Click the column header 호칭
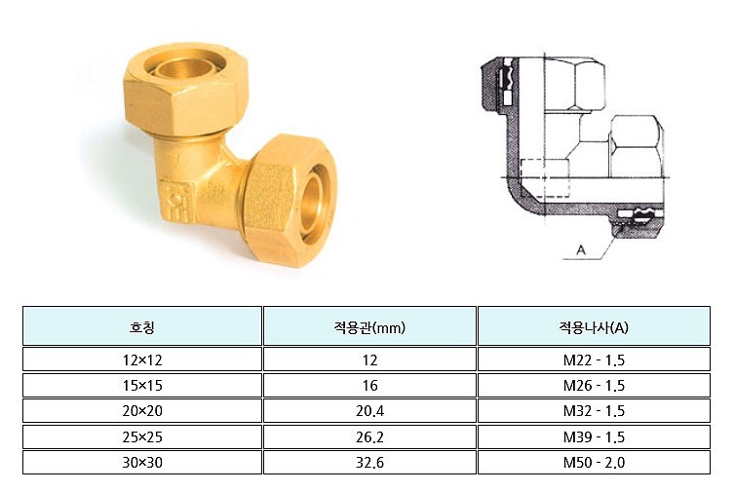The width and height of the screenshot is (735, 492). [141, 326]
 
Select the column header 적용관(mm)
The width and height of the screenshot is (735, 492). [369, 326]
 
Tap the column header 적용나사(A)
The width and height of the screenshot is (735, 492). [594, 326]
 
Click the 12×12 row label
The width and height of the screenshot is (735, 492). [141, 360]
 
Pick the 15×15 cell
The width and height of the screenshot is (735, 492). [141, 386]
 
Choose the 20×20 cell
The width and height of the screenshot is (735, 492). [141, 411]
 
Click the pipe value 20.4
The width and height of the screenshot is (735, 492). [369, 411]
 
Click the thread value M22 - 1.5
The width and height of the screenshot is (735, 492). [594, 360]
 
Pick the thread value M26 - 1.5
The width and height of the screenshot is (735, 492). [594, 386]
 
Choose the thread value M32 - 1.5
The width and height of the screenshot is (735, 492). [594, 411]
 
